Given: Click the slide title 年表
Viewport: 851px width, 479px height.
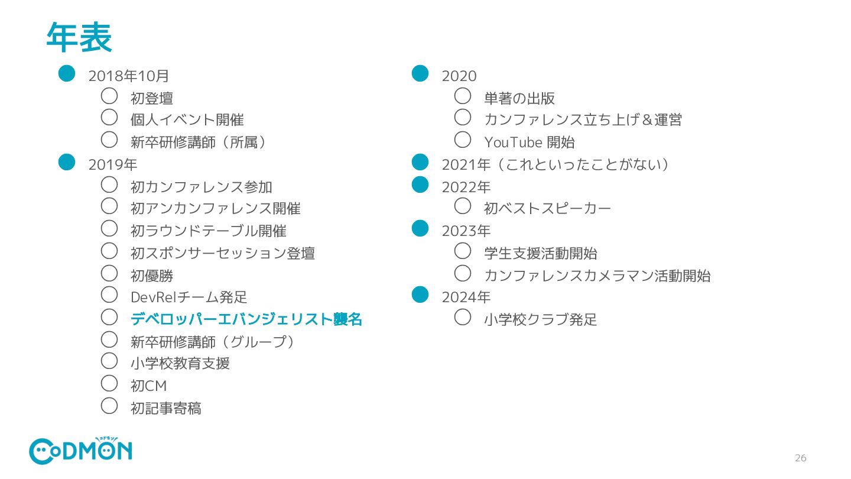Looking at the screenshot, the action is click(x=79, y=38).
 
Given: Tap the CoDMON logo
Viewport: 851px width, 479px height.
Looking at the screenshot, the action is click(x=80, y=451).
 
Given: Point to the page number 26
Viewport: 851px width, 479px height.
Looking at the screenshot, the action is click(x=800, y=458).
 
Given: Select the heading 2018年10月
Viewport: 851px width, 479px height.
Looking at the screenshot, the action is click(x=129, y=76).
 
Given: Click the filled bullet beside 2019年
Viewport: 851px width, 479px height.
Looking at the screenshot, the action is click(x=67, y=162).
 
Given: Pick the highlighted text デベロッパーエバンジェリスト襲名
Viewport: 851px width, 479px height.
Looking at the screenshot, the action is click(x=246, y=319).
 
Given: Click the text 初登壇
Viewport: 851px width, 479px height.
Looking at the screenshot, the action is click(x=152, y=98).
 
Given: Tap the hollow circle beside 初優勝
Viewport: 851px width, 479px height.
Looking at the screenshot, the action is click(x=109, y=273).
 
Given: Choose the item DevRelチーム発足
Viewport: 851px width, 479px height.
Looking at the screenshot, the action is click(x=189, y=297).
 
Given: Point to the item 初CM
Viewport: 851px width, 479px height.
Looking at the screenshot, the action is click(x=149, y=386).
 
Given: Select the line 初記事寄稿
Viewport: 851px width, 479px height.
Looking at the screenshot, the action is click(x=166, y=408).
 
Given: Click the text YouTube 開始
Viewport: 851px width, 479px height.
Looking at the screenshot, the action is click(x=530, y=143).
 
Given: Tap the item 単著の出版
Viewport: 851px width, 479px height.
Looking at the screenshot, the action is click(x=519, y=98).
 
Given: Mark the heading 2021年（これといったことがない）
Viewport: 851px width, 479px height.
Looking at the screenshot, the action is click(x=555, y=164).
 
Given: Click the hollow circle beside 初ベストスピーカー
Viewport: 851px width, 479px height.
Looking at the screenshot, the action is click(x=463, y=206).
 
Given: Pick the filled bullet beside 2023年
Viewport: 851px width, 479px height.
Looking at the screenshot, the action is click(x=420, y=228).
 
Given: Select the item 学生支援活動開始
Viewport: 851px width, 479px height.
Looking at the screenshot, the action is click(x=541, y=253).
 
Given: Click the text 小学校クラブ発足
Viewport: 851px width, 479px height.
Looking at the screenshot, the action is click(x=541, y=320).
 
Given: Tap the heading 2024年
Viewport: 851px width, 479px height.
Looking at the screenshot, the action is click(x=466, y=297).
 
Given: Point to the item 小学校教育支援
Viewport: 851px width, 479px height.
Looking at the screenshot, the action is click(x=180, y=364).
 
